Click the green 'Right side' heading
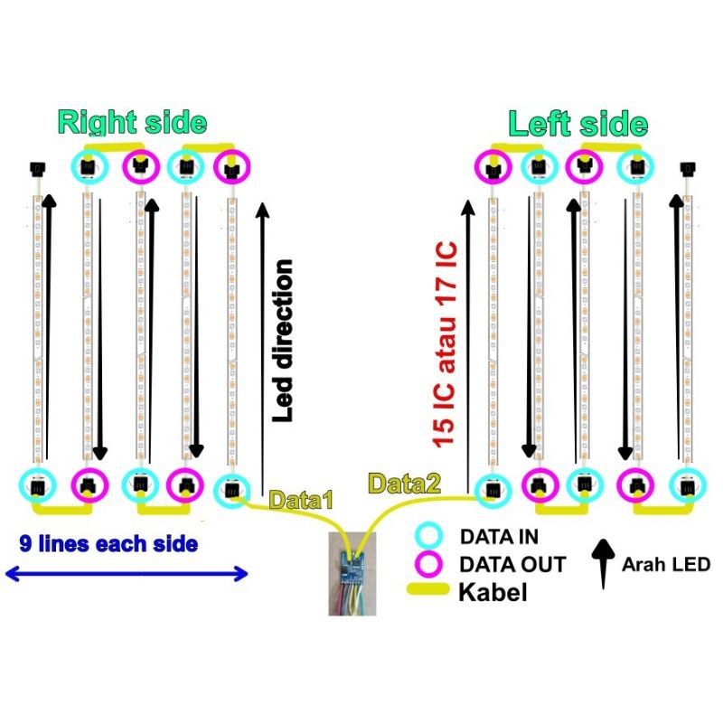[x=133, y=122]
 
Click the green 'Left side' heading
[x=577, y=124]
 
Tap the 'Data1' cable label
[x=302, y=498]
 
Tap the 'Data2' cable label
[x=404, y=484]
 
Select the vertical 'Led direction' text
[x=284, y=342]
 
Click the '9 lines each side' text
[x=108, y=544]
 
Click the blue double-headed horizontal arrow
[x=127, y=573]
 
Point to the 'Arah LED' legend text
[x=666, y=565]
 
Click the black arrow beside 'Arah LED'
[x=601, y=560]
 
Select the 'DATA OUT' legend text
[x=512, y=565]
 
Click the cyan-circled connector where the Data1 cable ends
[x=231, y=489]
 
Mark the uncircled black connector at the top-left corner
[x=38, y=168]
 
